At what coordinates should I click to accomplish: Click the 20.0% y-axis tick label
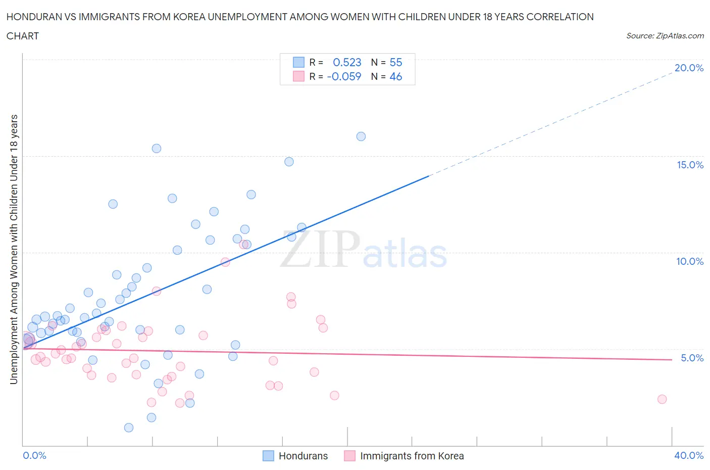(x=689, y=68)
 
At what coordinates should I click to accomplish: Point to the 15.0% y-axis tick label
(x=690, y=165)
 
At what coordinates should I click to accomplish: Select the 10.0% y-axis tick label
(x=690, y=261)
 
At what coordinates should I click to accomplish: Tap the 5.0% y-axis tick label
(x=692, y=358)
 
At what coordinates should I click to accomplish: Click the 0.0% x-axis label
(x=34, y=455)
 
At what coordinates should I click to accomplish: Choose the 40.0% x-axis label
(x=689, y=455)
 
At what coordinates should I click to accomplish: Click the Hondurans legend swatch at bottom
(x=268, y=456)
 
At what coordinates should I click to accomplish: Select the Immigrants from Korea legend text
(x=412, y=456)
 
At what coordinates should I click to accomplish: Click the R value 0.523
(x=347, y=62)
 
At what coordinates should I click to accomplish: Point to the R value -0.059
(x=344, y=76)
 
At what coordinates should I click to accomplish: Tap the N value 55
(x=396, y=62)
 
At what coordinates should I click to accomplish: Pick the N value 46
(x=396, y=76)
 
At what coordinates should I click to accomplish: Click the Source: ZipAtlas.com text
(x=665, y=36)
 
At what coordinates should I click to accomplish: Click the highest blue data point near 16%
(x=361, y=136)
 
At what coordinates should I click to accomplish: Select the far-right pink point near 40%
(x=662, y=399)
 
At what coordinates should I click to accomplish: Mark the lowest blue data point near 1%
(x=129, y=428)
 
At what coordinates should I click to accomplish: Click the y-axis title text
(x=14, y=249)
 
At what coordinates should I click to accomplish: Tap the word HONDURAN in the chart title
(x=31, y=17)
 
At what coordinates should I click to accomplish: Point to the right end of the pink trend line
(x=672, y=359)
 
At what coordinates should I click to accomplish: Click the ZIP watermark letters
(x=320, y=249)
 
